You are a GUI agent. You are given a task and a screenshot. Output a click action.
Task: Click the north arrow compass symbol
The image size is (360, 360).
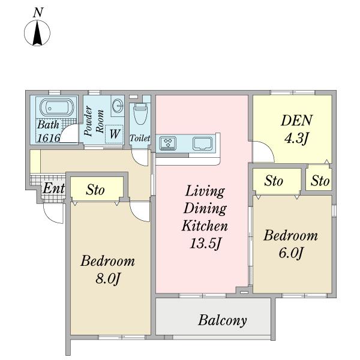37,33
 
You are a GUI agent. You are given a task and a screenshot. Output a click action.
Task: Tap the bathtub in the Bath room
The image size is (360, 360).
57,107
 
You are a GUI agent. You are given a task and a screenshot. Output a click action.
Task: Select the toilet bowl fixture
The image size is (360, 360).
140,114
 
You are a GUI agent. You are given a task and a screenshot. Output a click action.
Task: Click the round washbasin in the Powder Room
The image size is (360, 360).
118,106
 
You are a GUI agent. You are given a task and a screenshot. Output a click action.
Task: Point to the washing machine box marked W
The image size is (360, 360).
115,134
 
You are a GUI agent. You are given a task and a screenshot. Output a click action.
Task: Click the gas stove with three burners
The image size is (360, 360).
168,143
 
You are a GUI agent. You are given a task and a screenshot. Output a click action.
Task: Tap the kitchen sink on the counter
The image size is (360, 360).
203,143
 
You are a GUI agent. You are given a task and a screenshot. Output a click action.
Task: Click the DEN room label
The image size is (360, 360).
296,120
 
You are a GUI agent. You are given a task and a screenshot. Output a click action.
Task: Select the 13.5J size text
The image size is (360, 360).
205,244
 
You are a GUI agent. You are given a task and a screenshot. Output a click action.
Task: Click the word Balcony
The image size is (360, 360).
223,321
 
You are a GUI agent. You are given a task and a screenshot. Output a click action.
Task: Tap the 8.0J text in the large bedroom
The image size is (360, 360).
107,279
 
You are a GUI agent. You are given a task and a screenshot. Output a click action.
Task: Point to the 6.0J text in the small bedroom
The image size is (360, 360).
290,253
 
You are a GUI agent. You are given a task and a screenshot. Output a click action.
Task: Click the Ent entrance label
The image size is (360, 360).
54,188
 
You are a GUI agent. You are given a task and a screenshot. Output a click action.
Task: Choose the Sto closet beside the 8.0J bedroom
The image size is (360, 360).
95,190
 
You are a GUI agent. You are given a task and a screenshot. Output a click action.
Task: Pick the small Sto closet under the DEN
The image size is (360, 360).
320,181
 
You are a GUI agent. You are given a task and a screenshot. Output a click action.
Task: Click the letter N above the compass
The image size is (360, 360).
38,13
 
